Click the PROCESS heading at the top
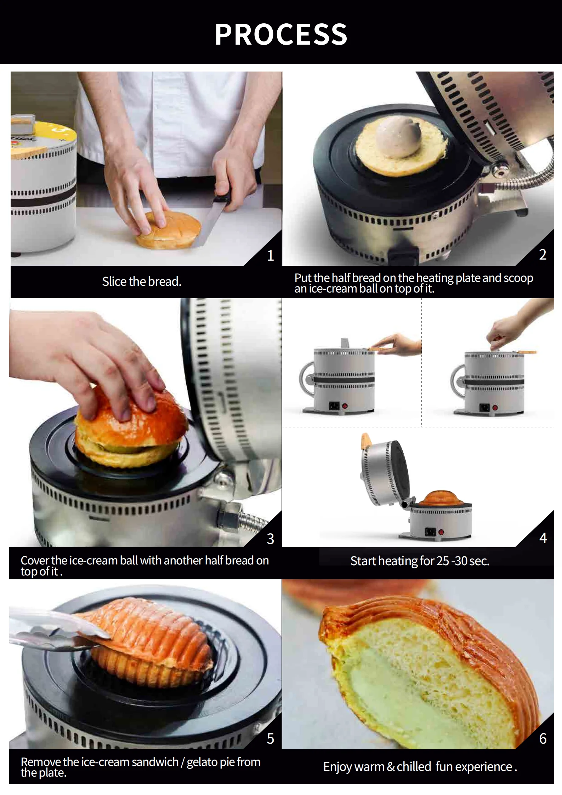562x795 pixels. (x=281, y=34)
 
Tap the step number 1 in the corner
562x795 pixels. (x=271, y=255)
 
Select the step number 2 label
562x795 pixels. (x=543, y=254)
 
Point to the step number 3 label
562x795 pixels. (x=271, y=539)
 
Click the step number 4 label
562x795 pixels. (x=543, y=538)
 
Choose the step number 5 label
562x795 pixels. (x=271, y=738)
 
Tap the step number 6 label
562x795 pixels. (x=543, y=738)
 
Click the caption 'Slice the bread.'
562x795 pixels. (x=142, y=282)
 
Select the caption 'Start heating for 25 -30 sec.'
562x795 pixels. (x=420, y=561)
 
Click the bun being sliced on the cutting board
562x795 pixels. (x=168, y=229)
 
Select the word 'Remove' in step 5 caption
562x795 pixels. (x=41, y=762)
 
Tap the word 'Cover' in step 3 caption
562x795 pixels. (x=35, y=561)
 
